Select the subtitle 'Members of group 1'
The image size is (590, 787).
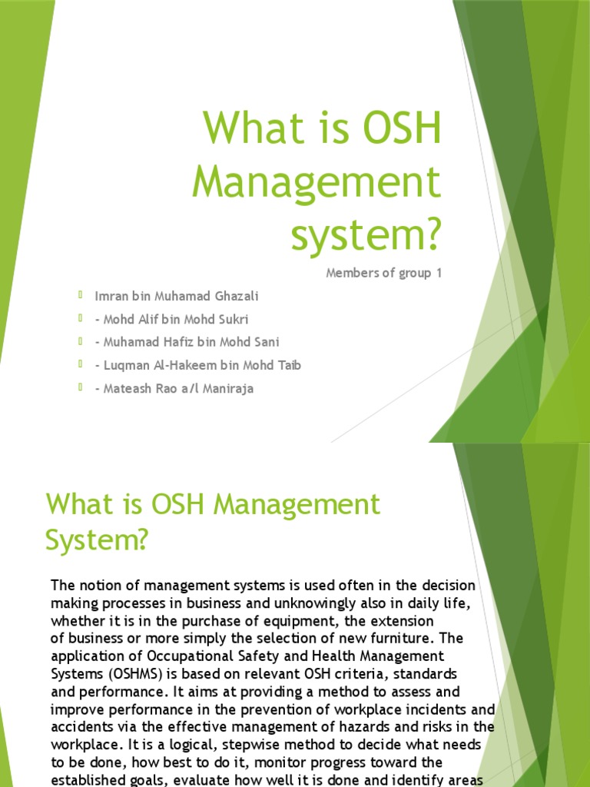(384, 273)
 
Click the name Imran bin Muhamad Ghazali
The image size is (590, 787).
(177, 296)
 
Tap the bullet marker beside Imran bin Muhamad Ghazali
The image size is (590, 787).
(80, 294)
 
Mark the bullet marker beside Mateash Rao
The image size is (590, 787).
(80, 387)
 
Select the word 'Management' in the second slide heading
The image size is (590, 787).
(297, 504)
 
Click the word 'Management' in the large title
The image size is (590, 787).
(317, 183)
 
